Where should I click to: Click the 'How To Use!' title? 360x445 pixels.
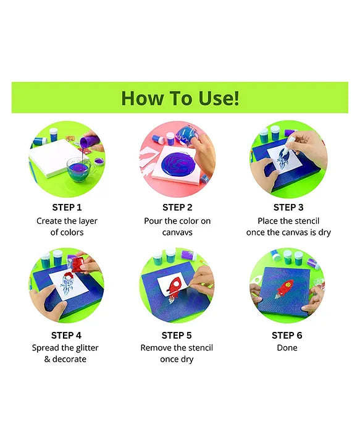coord(180,98)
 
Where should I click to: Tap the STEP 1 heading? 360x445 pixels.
coord(67,208)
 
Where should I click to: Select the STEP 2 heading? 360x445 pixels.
coord(177,208)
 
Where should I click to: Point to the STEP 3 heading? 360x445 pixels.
coord(288,208)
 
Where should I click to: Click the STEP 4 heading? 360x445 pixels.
coord(66,336)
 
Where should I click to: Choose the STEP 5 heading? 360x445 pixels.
coord(177,336)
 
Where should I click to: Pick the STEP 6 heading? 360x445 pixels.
coord(287,336)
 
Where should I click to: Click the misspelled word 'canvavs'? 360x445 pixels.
coord(177,232)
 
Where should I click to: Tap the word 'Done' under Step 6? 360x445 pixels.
coord(287,347)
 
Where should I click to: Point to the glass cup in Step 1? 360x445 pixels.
coord(80,169)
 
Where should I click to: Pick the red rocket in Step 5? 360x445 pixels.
coord(174,289)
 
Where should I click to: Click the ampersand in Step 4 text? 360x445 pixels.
coord(47,359)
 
